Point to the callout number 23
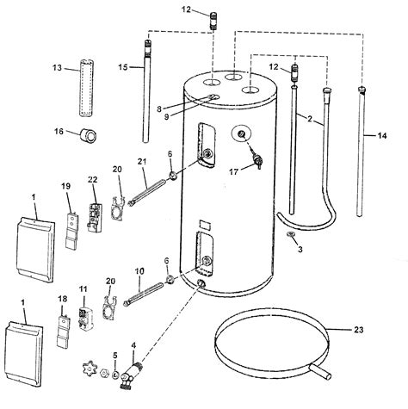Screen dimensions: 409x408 point(359,327)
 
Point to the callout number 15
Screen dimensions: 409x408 point(123,67)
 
